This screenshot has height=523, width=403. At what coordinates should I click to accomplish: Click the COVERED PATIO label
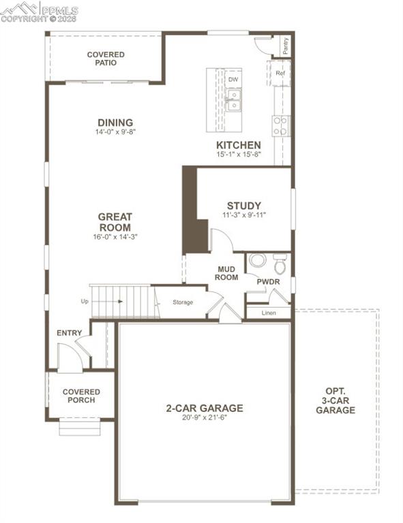click(x=106, y=59)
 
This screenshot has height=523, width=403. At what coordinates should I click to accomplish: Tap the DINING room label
click(x=115, y=123)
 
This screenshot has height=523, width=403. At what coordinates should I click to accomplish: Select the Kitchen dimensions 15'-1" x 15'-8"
click(x=238, y=155)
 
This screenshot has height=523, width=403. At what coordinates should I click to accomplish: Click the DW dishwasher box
click(x=233, y=80)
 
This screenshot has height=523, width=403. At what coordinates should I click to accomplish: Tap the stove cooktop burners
click(x=281, y=125)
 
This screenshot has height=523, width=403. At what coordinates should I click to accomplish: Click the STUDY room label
click(x=244, y=205)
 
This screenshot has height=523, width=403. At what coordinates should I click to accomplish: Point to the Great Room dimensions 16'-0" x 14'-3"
click(x=115, y=237)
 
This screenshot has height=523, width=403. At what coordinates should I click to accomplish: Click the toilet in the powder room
click(x=280, y=265)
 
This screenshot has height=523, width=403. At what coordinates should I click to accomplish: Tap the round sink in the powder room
click(x=257, y=261)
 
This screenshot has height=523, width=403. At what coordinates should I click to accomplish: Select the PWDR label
click(x=268, y=281)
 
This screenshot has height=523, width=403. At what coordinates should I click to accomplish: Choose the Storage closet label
click(x=182, y=302)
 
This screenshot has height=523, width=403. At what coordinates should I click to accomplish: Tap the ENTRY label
click(x=70, y=333)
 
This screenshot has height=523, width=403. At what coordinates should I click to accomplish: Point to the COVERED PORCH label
click(x=81, y=396)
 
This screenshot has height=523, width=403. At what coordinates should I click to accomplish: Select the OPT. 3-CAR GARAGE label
click(x=335, y=401)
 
